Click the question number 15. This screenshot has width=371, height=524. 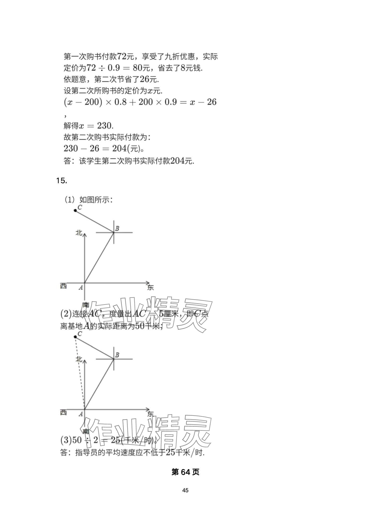61,181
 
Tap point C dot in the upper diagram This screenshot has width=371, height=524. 75,211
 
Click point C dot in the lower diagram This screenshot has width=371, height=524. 75,337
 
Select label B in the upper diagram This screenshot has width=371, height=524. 117,228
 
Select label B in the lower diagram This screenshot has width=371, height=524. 117,355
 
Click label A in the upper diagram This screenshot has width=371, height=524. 81,288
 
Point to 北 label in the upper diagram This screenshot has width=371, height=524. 79,233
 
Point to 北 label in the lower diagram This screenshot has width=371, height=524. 79,359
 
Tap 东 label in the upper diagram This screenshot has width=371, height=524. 150,287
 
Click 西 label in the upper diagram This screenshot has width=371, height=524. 64,286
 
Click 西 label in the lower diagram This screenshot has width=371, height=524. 64,412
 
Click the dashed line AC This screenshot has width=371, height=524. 80,373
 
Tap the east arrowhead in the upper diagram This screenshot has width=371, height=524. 148,283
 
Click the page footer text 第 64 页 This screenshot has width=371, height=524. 185,472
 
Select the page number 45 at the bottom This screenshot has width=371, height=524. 185,490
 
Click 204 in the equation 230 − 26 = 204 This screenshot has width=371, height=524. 119,149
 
